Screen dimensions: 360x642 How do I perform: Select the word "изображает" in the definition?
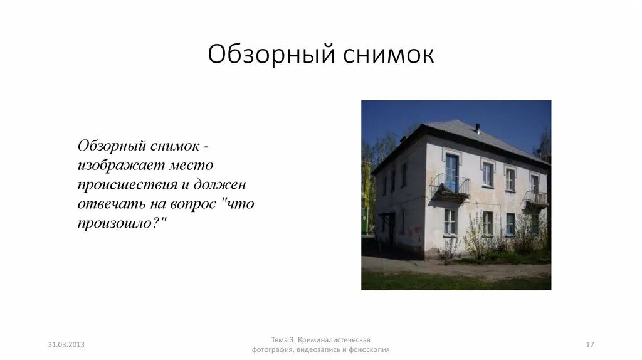(x=120, y=166)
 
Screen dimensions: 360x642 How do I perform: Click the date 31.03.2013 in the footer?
(x=66, y=345)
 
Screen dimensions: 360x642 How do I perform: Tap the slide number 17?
(x=589, y=345)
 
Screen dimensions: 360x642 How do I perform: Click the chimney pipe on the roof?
(x=477, y=129)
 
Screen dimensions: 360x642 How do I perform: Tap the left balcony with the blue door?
(x=450, y=187)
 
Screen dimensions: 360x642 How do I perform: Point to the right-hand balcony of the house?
(x=535, y=198)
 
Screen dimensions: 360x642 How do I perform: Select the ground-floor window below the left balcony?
(x=450, y=221)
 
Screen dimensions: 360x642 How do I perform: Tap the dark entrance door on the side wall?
(x=391, y=230)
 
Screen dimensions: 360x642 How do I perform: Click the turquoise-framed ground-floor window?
(x=510, y=225)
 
